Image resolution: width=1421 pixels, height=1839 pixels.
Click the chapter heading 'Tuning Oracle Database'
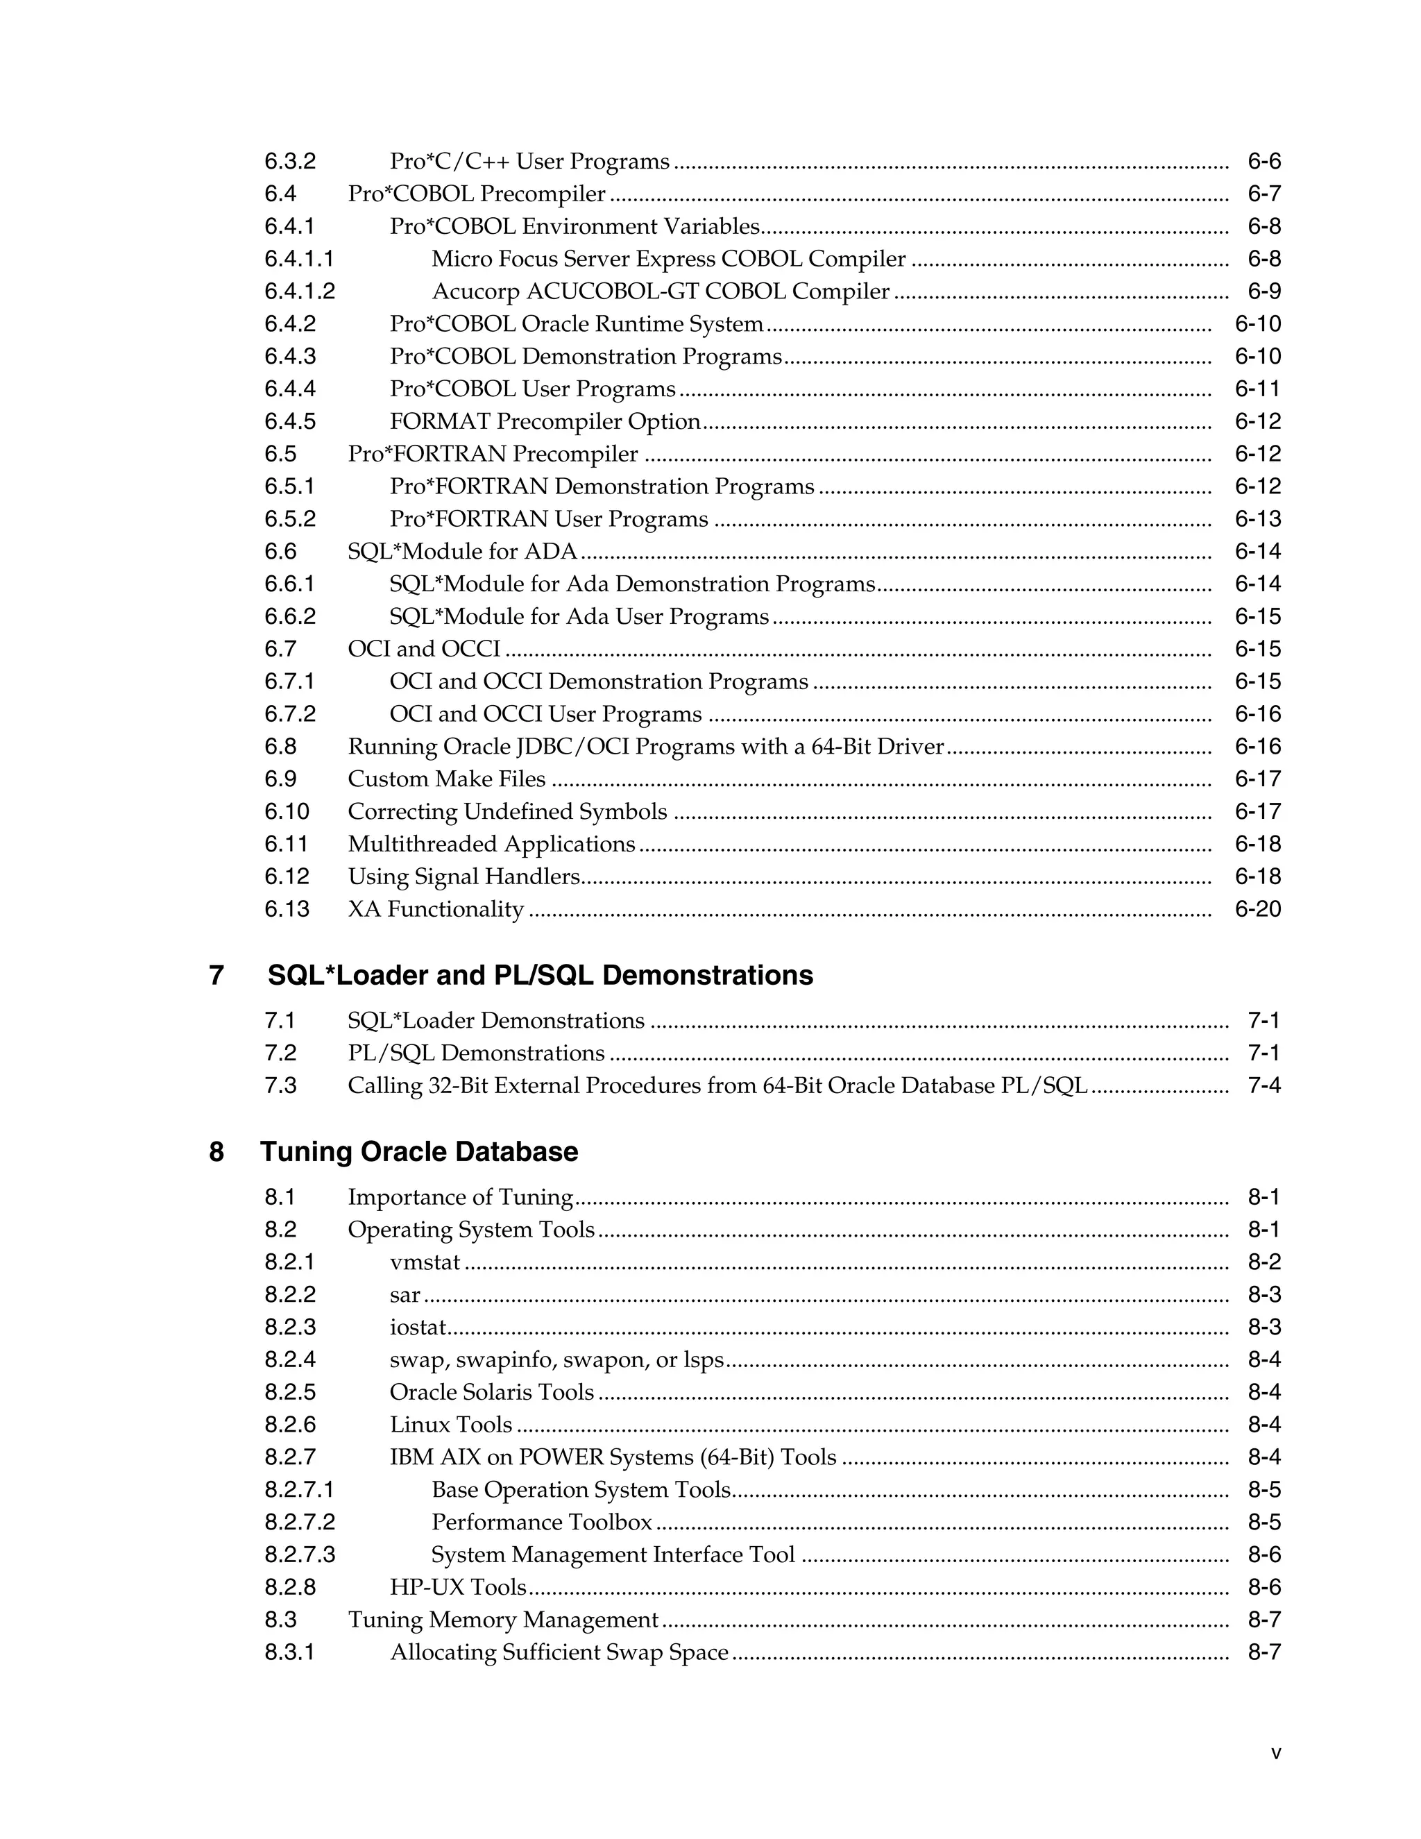point(418,1151)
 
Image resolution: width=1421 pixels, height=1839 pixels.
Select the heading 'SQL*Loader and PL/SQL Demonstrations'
point(540,975)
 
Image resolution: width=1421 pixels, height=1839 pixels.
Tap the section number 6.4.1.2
point(300,291)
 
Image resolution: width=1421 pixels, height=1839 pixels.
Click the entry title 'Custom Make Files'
point(446,779)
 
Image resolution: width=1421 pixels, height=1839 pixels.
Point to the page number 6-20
point(1258,909)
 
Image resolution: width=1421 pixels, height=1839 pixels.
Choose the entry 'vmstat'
point(425,1262)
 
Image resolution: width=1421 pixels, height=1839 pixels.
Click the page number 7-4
point(1263,1085)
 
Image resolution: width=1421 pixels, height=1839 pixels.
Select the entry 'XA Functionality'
point(435,909)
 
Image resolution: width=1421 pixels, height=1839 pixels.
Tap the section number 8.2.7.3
point(300,1554)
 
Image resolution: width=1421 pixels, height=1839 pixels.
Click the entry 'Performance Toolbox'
point(541,1523)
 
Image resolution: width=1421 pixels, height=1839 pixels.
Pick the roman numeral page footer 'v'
point(1276,1753)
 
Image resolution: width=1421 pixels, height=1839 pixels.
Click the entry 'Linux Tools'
point(450,1425)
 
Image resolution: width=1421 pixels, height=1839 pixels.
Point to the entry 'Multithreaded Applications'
point(492,844)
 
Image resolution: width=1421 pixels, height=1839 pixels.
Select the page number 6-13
point(1258,518)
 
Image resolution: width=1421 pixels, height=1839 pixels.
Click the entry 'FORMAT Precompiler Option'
point(545,421)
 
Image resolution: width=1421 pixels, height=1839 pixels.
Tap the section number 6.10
point(287,812)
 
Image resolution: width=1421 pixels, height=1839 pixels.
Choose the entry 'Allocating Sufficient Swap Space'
point(559,1652)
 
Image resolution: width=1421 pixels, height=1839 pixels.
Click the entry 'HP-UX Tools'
point(458,1587)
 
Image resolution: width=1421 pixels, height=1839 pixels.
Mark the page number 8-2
point(1263,1262)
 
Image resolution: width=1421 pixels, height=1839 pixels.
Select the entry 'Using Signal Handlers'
point(464,876)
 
